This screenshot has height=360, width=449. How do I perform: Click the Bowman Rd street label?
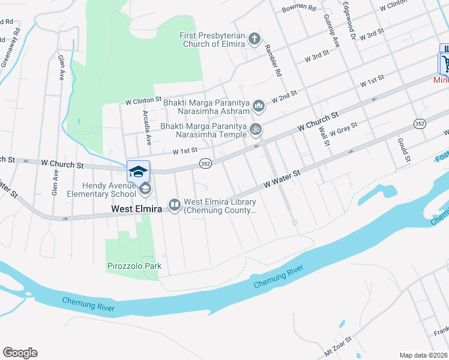click(x=298, y=8)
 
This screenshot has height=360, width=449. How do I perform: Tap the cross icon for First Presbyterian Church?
click(x=254, y=40)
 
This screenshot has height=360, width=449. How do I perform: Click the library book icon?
click(x=175, y=205)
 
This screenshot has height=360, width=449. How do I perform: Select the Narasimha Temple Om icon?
click(x=256, y=130)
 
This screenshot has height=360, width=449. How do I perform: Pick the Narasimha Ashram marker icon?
click(x=259, y=107)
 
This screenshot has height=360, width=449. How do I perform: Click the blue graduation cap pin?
click(x=138, y=172)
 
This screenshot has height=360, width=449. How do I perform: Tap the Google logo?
click(x=20, y=353)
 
